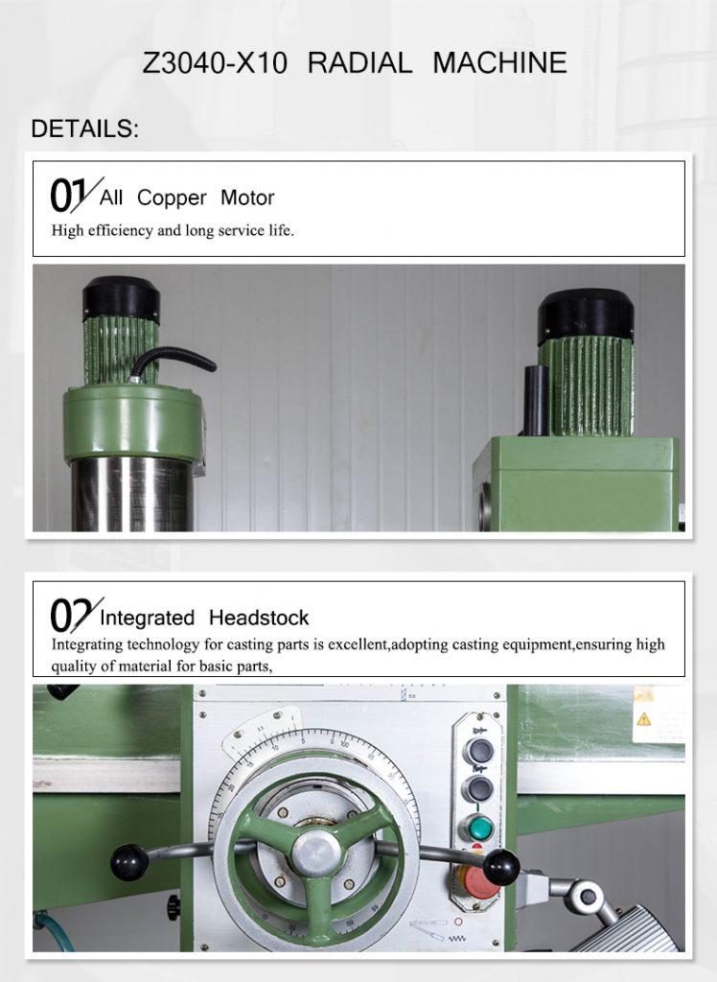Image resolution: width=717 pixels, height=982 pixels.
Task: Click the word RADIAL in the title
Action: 359,63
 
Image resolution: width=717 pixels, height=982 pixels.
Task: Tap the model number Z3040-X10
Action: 215,63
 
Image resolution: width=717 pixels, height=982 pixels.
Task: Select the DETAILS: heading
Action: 84,129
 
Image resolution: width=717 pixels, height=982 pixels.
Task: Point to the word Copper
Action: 172,198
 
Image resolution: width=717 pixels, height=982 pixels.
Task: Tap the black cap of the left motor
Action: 121,298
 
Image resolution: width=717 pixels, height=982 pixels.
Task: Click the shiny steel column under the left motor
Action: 132,494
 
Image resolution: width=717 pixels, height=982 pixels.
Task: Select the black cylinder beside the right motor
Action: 536,400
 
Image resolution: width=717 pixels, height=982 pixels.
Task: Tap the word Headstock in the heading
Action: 259,619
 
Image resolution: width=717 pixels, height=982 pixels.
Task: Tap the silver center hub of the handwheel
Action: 317,853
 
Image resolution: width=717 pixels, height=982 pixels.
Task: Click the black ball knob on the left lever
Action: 129,862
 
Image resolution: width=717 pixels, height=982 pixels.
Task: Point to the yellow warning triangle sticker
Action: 644,719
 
